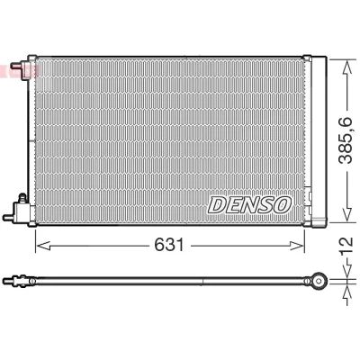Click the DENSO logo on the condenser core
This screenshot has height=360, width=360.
point(249,205)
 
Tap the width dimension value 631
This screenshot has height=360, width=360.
point(169,246)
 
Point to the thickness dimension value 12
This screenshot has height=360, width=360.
point(346,246)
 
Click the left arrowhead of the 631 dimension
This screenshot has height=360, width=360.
point(42,246)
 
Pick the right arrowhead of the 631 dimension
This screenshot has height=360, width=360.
point(297,246)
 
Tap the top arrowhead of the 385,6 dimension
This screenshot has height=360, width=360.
point(347,67)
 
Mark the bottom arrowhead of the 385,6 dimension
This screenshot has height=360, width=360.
point(347,215)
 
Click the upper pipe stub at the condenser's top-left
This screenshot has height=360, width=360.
point(15,66)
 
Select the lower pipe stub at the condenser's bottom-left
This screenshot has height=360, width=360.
point(8,217)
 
